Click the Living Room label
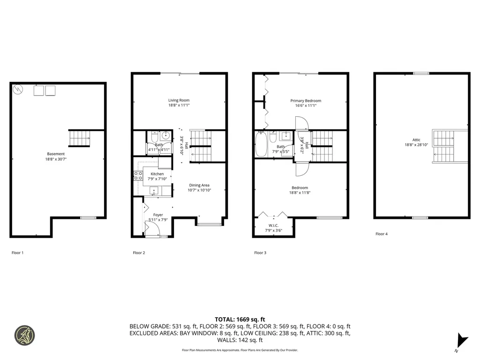pos(179,100)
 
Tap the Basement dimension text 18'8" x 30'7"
pos(56,159)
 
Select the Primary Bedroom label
pos(306,101)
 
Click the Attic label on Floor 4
pos(416,140)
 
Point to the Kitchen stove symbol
pos(139,175)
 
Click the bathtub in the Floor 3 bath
pos(261,144)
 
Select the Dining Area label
pos(199,185)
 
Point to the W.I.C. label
pos(274,225)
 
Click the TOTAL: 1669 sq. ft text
pos(240,318)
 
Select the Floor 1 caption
pos(17,253)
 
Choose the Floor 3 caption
pos(260,253)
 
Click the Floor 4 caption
pos(382,233)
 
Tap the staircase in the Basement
pos(79,138)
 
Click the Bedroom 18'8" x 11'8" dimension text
pos(299,193)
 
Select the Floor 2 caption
pos(139,253)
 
